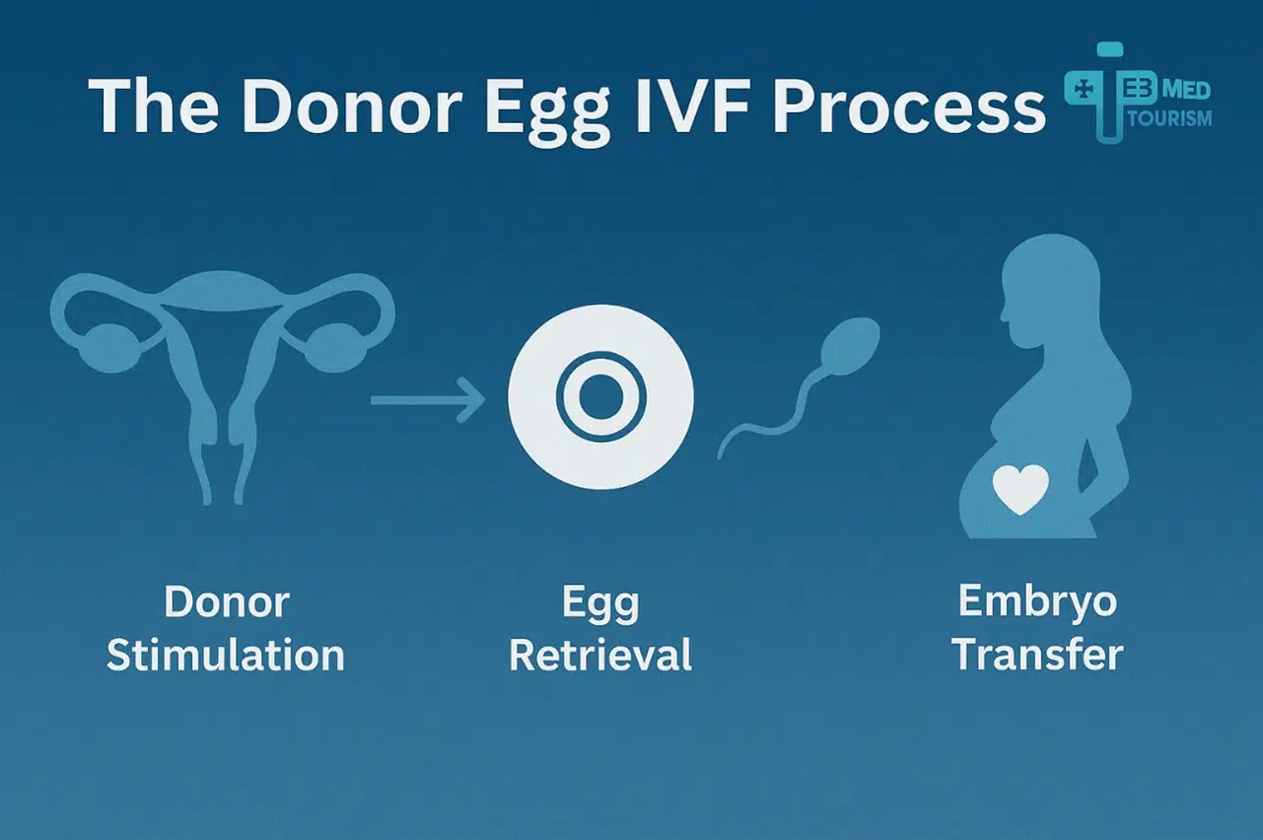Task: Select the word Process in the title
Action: tap(907, 106)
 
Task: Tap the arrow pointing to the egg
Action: tap(428, 399)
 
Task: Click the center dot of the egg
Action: tap(600, 398)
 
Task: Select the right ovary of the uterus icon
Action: tap(326, 344)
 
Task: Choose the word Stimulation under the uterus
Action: tap(226, 655)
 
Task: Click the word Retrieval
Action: tap(600, 655)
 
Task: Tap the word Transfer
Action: tap(1038, 655)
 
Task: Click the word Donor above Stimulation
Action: tap(226, 602)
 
